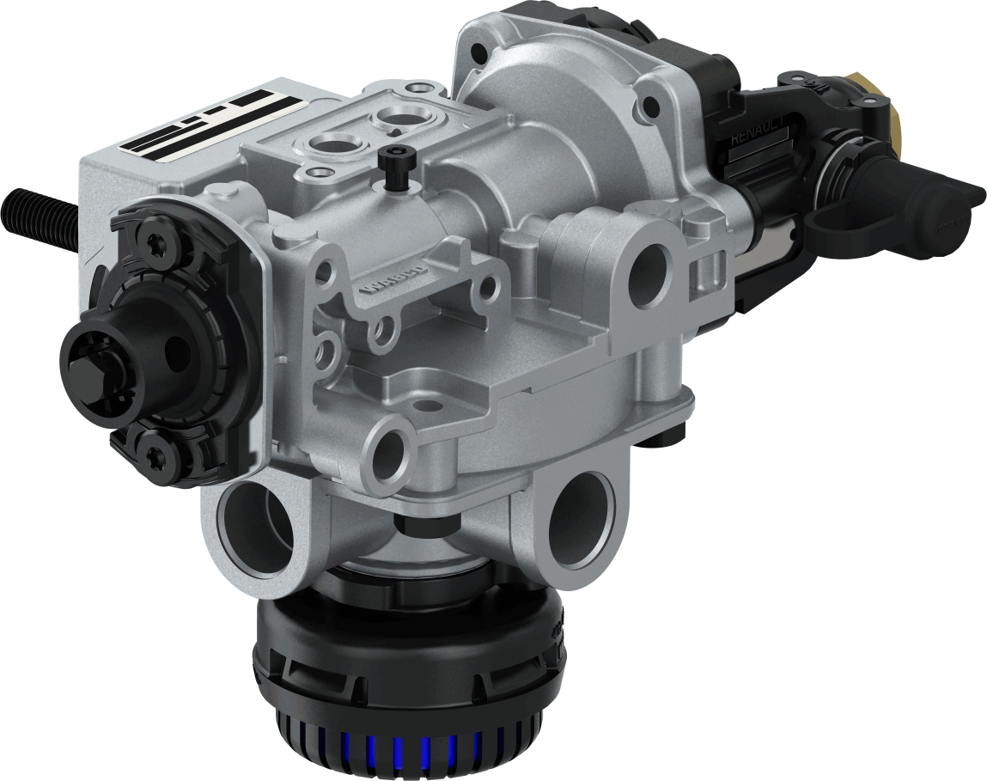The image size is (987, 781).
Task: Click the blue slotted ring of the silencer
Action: coord(404,757)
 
